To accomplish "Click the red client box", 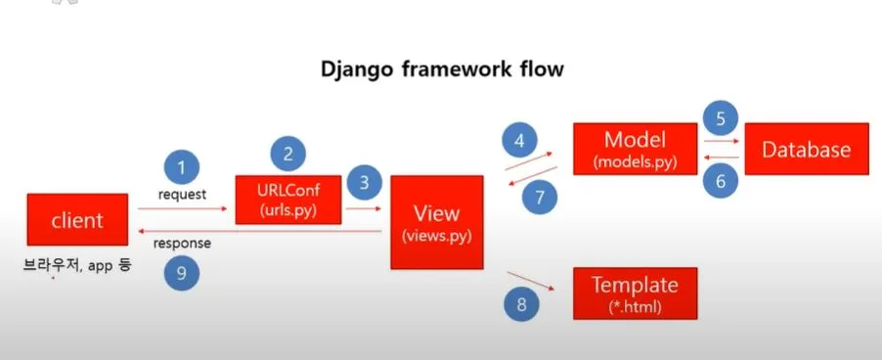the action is point(77,219).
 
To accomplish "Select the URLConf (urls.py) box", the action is point(288,200).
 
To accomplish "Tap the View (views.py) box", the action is point(437,222).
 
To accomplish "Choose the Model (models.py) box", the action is point(636,149).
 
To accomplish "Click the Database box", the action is point(807,149).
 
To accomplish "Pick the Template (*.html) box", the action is point(635,293).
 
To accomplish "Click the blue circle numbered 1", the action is point(182,167).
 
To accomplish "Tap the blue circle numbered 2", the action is point(288,154).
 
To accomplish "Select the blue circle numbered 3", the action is point(364,183).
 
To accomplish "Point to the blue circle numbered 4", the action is point(520,141).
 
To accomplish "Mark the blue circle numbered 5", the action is point(721,118).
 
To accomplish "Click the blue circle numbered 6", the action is point(721,181).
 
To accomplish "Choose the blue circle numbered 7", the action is point(540,197).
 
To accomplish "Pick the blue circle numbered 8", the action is point(521,304).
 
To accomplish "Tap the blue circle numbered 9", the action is point(182,272).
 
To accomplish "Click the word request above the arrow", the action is point(182,195).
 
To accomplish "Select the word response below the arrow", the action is point(182,244).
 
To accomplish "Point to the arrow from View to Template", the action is point(531,281).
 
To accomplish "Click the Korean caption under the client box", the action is point(77,264).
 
